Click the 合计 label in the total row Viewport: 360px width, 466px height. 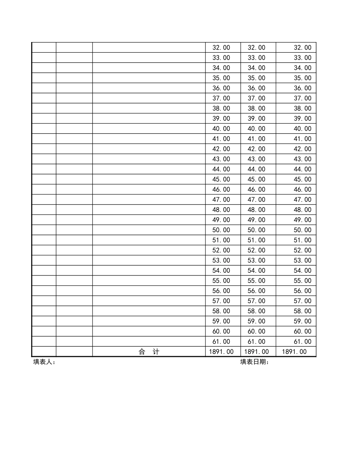149,352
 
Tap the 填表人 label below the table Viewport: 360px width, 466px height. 44,362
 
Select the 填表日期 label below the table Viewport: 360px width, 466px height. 254,362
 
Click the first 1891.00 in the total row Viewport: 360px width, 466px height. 221,352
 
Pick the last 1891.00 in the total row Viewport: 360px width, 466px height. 294,352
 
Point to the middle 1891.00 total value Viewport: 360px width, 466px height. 257,352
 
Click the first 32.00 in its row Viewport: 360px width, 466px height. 221,48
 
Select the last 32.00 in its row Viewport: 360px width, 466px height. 302,48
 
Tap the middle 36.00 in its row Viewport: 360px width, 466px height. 257,88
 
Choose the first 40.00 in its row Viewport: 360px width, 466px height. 221,129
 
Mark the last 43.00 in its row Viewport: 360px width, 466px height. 302,159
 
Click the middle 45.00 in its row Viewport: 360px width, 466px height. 257,179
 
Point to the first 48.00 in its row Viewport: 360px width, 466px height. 221,210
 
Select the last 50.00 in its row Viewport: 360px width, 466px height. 302,230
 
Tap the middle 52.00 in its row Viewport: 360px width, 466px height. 257,250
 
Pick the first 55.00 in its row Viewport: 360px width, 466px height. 221,281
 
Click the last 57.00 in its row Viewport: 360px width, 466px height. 302,301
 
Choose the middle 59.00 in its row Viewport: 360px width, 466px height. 257,321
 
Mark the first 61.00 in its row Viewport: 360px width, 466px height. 221,341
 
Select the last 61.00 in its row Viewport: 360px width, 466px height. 302,341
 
